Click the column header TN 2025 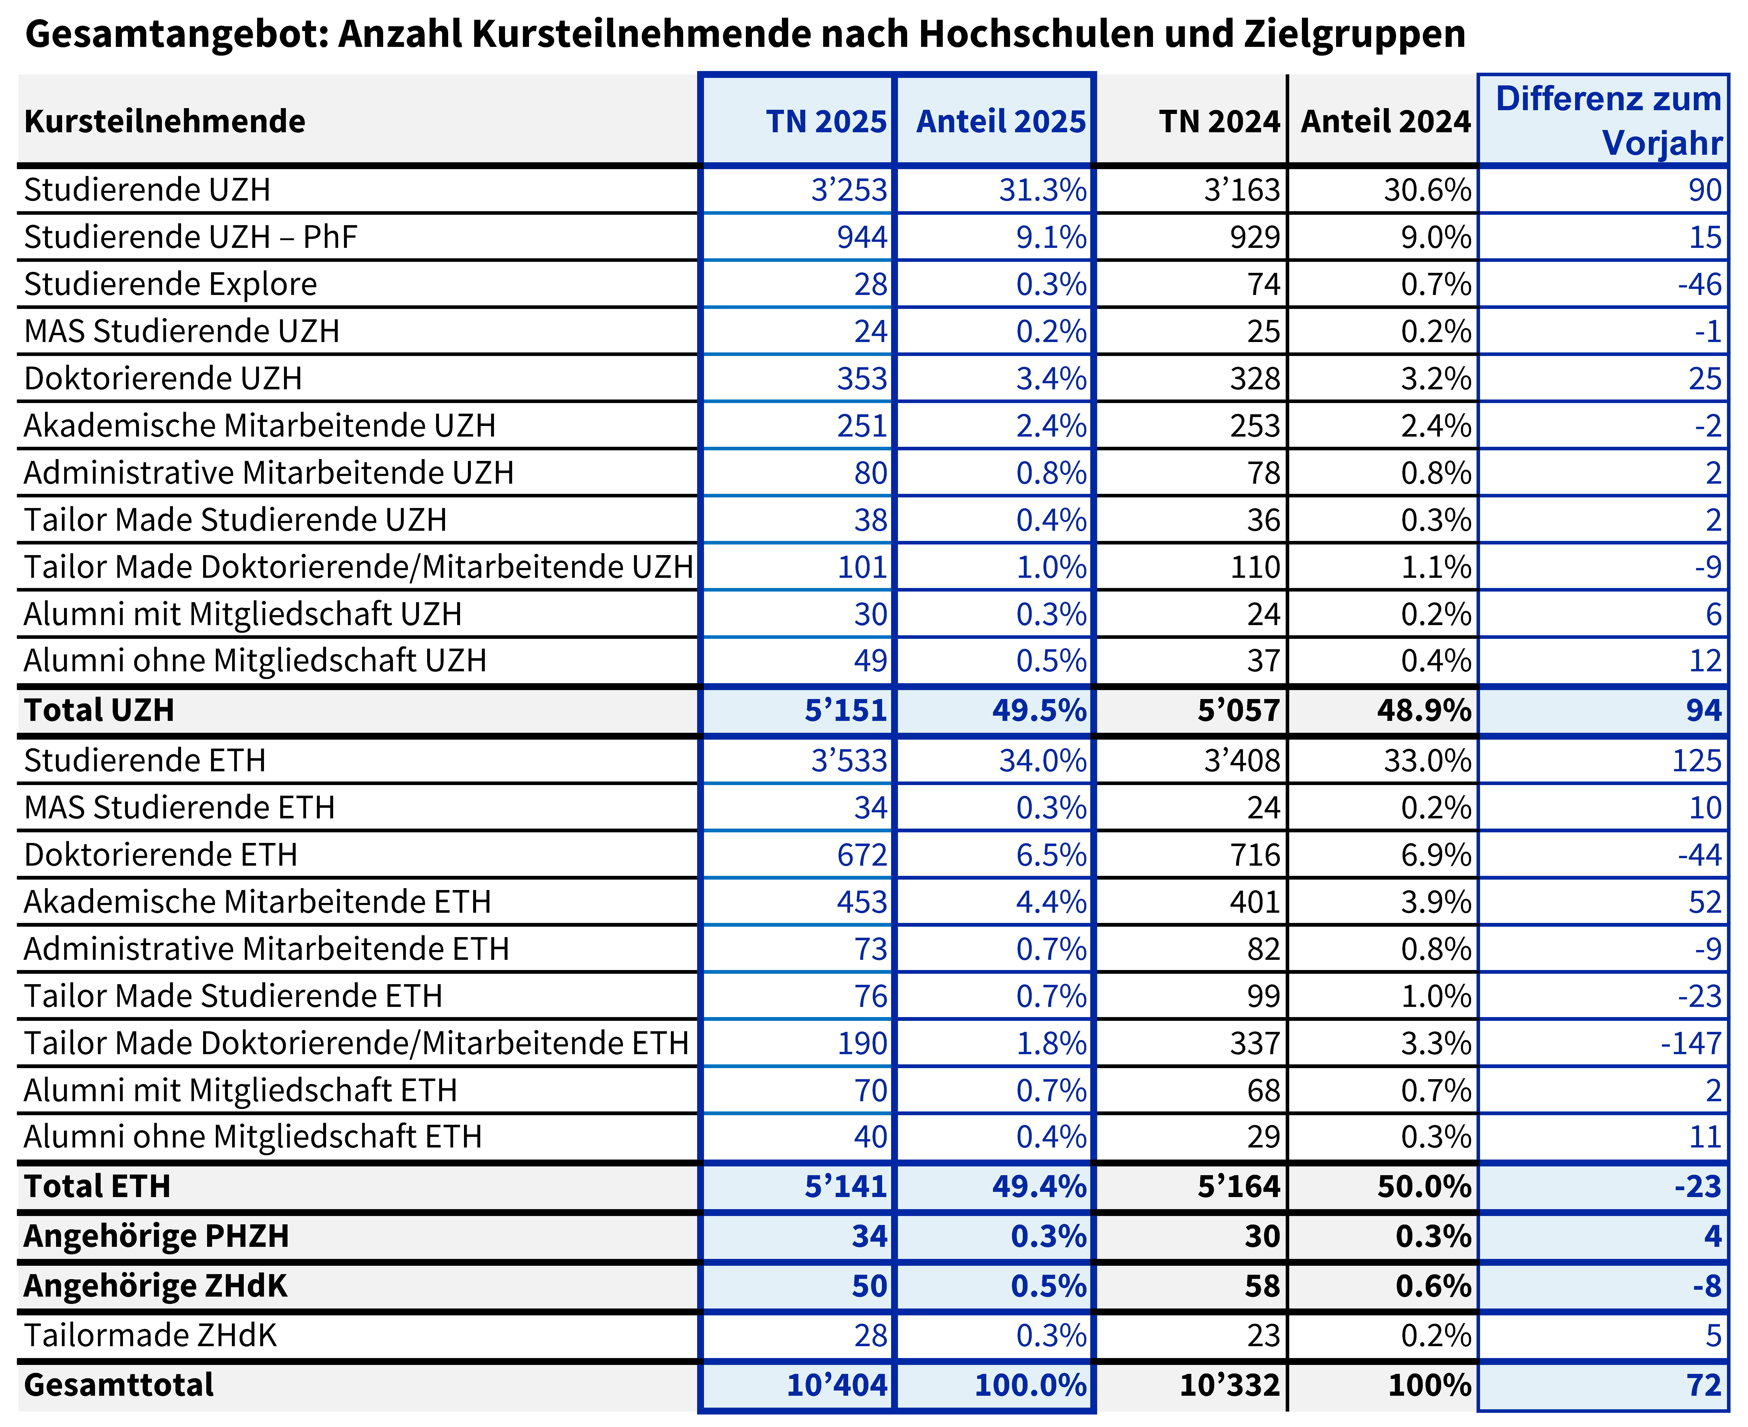coord(826,122)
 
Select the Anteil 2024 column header coord(1386,122)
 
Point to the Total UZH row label coord(100,710)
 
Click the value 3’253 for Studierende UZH coord(849,190)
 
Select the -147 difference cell coord(1691,1043)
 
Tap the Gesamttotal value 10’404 coord(837,1385)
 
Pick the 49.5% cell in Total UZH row coord(1039,710)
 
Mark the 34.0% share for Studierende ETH coord(1043,760)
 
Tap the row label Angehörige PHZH coord(156,1236)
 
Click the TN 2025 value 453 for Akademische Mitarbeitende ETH coord(863,902)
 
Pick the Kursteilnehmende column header coord(164,122)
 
